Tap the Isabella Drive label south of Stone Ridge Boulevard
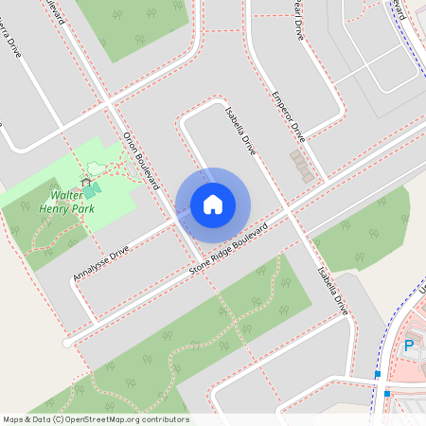click(332, 290)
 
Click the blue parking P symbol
click(409, 346)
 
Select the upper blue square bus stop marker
click(378, 375)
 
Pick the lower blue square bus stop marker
click(386, 394)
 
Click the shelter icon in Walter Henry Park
click(86, 181)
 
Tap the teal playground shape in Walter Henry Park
click(90, 192)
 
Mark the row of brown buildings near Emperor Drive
click(301, 166)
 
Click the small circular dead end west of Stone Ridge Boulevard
click(66, 342)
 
